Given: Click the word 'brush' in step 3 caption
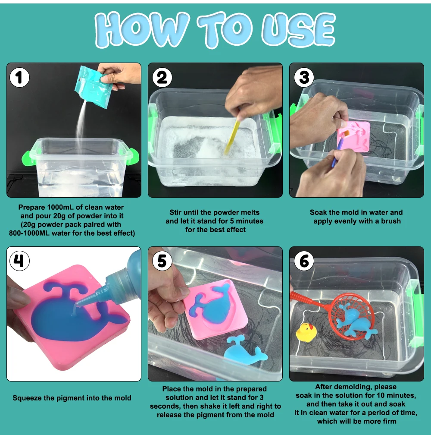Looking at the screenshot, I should (390, 221).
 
